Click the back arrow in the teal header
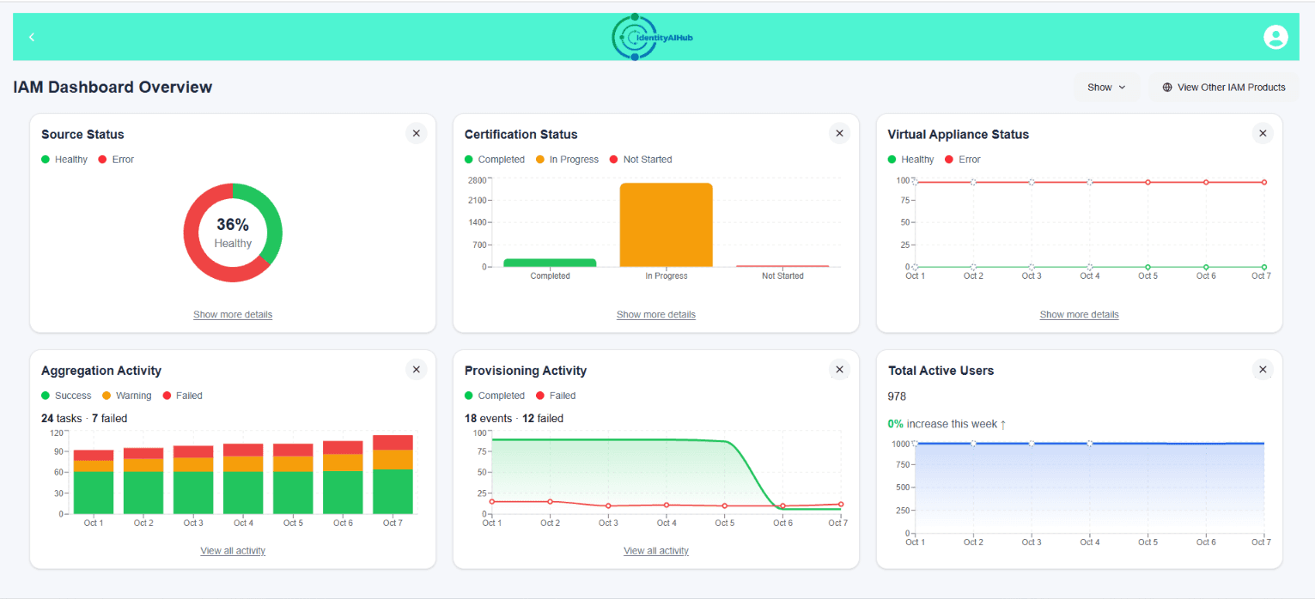tap(32, 37)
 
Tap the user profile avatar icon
tap(1275, 37)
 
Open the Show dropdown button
tap(1106, 88)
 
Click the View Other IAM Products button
tap(1223, 88)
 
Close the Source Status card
tap(417, 134)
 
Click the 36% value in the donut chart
tap(233, 224)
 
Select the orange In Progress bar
tap(667, 225)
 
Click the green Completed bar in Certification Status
tap(550, 263)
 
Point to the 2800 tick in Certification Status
tap(477, 180)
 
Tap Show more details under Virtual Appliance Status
tap(1079, 314)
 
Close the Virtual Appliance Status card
tap(1263, 134)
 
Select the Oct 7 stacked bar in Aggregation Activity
tap(393, 474)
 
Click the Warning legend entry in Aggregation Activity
tap(127, 396)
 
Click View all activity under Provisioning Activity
tap(655, 551)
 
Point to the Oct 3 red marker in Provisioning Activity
tap(608, 505)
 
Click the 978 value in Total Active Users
tap(897, 396)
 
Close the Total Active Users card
tap(1263, 370)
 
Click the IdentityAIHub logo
tap(652, 37)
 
